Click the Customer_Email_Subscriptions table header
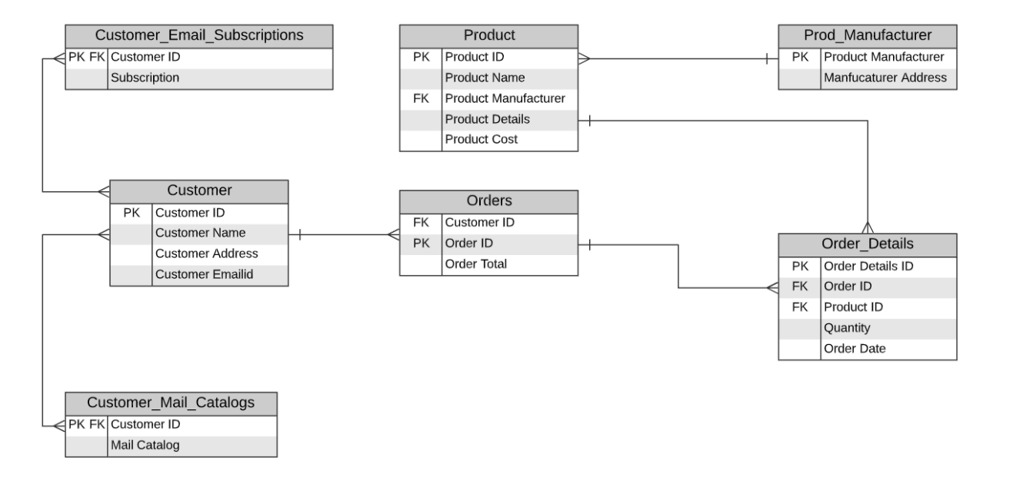(198, 35)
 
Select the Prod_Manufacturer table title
(868, 35)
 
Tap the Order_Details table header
(868, 244)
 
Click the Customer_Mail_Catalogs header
(171, 403)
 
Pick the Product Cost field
(482, 140)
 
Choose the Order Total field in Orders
(475, 264)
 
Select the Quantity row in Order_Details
(847, 328)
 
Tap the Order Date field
(855, 349)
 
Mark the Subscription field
(145, 78)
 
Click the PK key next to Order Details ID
(800, 266)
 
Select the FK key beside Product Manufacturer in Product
(421, 98)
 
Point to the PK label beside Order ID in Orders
(421, 243)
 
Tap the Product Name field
(485, 78)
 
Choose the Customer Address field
(207, 253)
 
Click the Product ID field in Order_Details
(853, 307)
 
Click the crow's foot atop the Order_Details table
(868, 227)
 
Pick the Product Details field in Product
(487, 119)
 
